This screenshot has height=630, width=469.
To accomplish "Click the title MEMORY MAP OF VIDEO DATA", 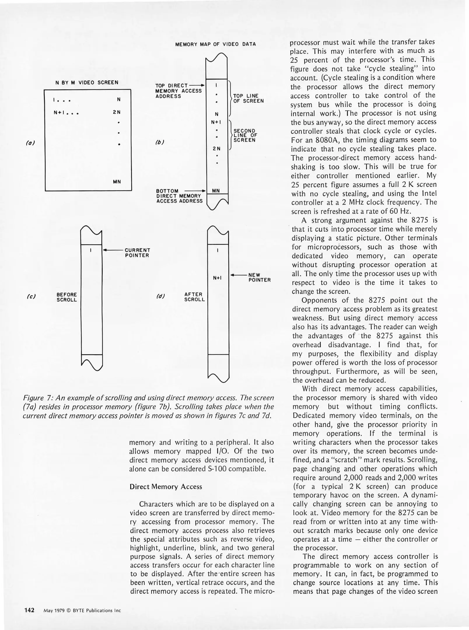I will point(215,44).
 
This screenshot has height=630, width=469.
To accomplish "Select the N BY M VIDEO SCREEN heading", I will point(87,83).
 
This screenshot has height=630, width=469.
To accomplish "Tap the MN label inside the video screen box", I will point(117,182).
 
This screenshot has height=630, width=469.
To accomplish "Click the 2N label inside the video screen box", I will point(117,112).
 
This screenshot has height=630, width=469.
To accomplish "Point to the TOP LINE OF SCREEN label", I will point(248,98).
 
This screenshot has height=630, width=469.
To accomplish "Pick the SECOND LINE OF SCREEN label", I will point(245,135).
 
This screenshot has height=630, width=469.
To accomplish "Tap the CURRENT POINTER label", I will point(137,253).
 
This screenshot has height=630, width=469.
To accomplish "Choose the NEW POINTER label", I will point(259,277).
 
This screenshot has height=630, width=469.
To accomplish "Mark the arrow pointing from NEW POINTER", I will point(239,275).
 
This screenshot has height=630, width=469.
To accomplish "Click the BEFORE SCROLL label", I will point(67,297).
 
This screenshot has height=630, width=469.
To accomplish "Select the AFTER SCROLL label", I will point(194,297).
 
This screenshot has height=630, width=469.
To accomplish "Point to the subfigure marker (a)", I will point(30,143).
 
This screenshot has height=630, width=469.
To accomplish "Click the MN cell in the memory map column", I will point(216,191).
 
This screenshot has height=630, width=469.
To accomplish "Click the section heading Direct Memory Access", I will point(166,487).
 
